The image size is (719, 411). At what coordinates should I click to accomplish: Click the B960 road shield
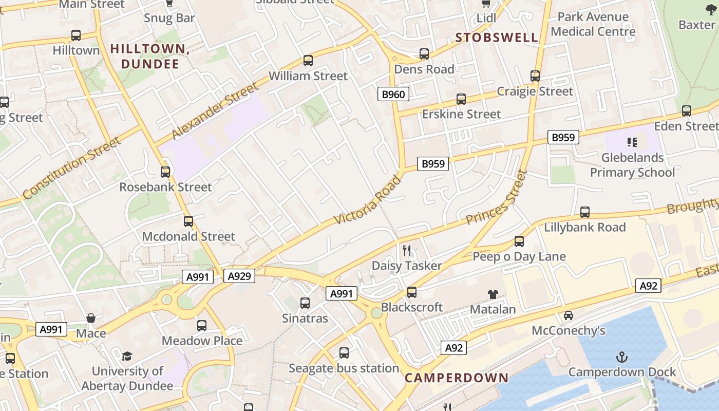click(x=394, y=94)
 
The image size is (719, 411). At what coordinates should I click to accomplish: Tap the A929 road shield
click(x=239, y=276)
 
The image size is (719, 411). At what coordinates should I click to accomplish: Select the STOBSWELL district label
click(x=497, y=38)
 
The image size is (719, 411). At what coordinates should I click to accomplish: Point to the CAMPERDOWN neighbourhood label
click(x=457, y=378)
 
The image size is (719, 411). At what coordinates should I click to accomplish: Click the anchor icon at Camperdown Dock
click(x=622, y=357)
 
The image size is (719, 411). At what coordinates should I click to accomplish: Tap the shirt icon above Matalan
click(x=493, y=294)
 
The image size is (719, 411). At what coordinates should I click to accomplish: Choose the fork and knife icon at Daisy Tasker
click(x=407, y=250)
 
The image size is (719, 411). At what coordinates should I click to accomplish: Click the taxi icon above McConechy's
click(x=569, y=315)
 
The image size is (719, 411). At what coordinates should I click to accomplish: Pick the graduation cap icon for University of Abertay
click(x=127, y=356)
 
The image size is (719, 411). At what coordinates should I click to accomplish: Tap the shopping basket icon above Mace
click(x=91, y=318)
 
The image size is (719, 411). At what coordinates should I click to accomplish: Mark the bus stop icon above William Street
click(x=308, y=61)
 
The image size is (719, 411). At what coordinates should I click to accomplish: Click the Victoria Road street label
click(x=368, y=200)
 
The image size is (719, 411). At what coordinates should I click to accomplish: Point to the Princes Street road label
click(x=497, y=198)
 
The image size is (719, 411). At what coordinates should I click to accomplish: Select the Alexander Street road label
click(x=215, y=110)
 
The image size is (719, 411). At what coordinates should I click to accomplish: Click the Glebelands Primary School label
click(x=632, y=165)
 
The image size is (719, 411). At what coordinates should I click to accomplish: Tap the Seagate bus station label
click(x=344, y=368)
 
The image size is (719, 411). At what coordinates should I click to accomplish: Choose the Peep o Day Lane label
click(x=519, y=256)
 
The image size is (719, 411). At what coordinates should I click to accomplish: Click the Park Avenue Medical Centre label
click(x=593, y=24)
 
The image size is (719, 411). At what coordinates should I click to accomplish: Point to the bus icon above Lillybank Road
click(x=585, y=212)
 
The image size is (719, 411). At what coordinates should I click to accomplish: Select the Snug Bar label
click(x=169, y=18)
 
